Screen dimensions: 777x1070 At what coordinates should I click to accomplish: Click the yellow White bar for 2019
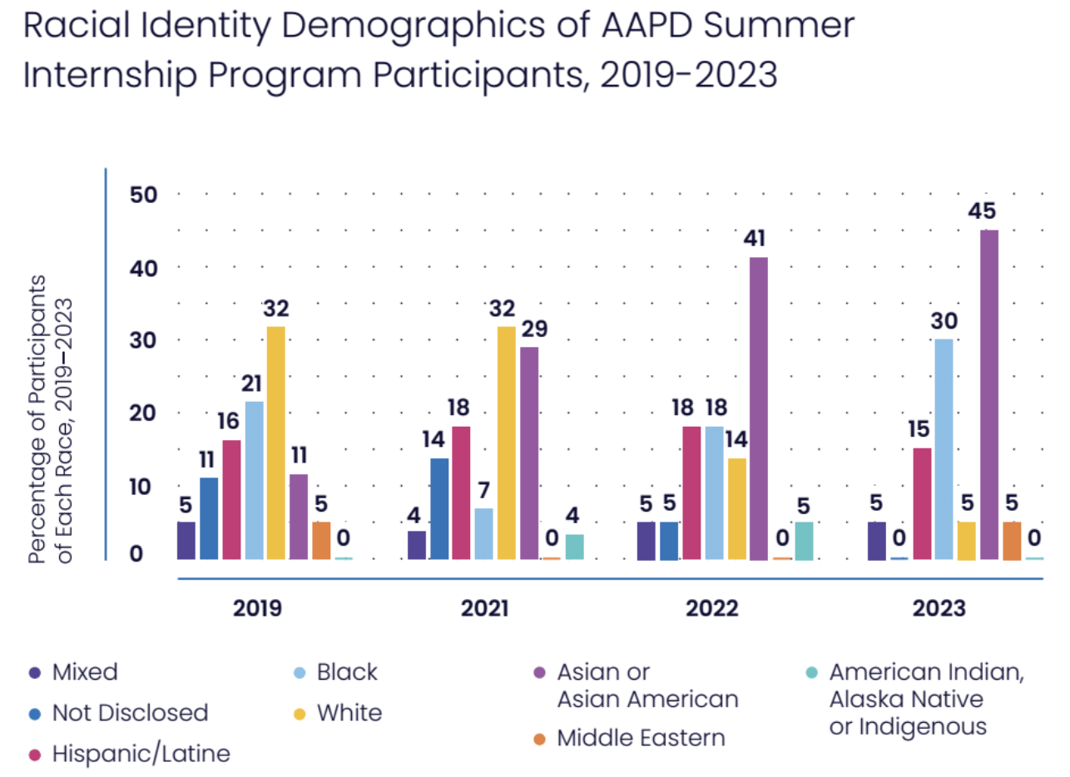coord(276,443)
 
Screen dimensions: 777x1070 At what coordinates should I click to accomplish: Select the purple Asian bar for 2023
coord(988,394)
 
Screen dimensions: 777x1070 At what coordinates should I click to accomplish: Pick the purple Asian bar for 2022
coord(758,408)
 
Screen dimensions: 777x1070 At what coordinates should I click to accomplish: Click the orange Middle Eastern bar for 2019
coord(321,541)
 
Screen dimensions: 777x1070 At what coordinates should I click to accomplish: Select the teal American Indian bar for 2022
coord(803,541)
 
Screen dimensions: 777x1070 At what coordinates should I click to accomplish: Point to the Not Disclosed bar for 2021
coord(439,508)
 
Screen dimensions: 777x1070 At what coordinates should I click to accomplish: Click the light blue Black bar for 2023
coord(944,449)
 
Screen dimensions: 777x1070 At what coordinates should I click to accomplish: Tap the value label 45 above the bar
coord(988,210)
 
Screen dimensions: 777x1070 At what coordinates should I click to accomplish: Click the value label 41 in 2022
coord(758,240)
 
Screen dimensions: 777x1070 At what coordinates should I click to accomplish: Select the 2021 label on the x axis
coord(485,608)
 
